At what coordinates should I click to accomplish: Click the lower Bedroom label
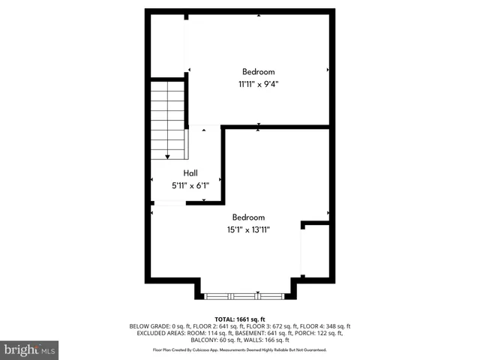(248, 217)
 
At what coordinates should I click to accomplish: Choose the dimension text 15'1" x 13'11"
(248, 230)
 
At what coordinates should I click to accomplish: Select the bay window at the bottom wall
(247, 295)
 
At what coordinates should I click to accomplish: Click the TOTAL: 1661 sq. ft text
(240, 319)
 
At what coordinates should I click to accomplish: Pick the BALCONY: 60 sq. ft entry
(217, 340)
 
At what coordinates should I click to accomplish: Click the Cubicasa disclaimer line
(240, 349)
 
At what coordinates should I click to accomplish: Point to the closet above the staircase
(168, 45)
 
